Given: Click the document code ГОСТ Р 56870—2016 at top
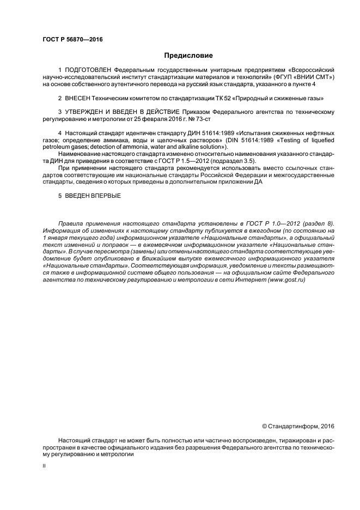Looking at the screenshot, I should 72,39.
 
